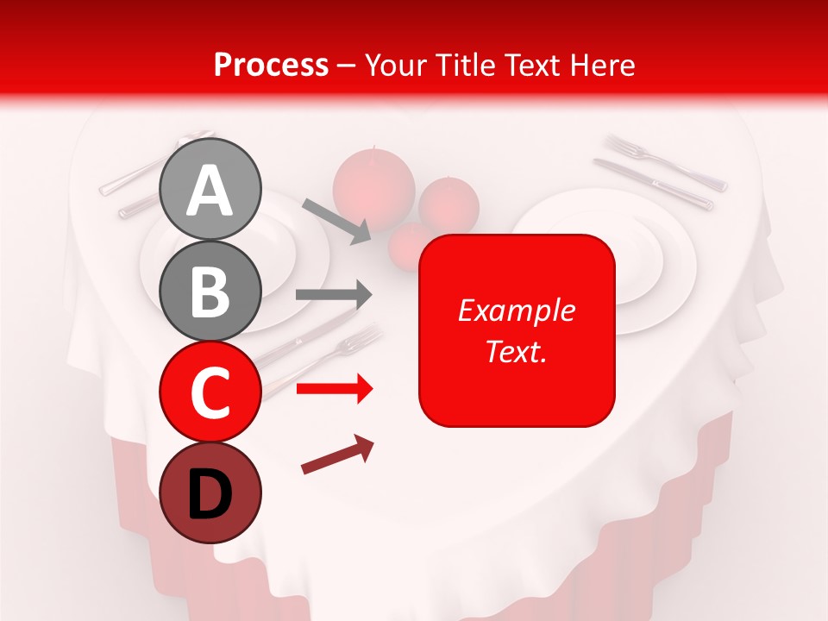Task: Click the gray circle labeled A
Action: point(210,190)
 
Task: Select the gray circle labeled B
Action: point(210,292)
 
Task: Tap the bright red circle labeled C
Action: point(210,392)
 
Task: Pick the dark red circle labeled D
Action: point(210,492)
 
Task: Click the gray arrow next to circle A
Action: point(337,219)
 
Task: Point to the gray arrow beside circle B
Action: point(334,295)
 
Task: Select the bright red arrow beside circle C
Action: point(334,389)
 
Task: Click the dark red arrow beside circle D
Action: point(337,455)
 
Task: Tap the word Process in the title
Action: point(271,65)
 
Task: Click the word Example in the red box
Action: point(517,310)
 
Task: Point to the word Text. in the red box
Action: point(517,351)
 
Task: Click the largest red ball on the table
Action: point(373,182)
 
